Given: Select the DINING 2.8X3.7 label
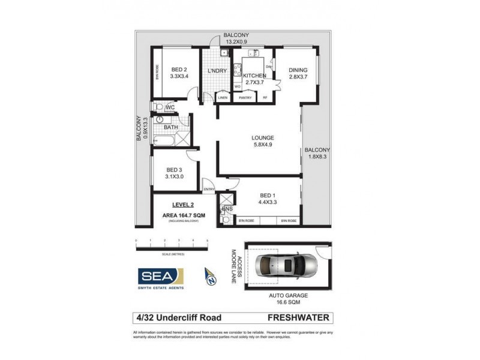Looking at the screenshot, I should click(x=298, y=73).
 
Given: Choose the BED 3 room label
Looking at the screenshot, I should click(x=174, y=173).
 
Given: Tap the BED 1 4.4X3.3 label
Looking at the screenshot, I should click(x=268, y=199).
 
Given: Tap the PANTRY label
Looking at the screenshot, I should click(x=245, y=97).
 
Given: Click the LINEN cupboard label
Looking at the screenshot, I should click(x=223, y=97).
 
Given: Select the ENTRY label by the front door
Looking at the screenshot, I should click(x=209, y=190).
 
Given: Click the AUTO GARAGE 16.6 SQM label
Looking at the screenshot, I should click(x=286, y=299).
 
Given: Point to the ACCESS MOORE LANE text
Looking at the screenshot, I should click(x=235, y=263).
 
